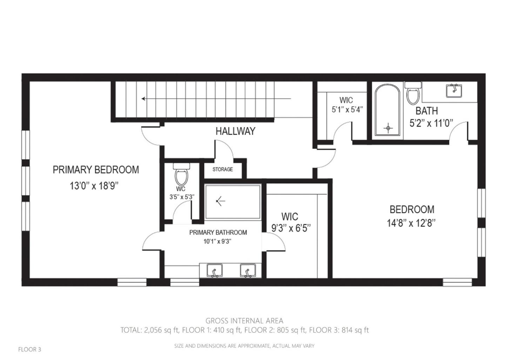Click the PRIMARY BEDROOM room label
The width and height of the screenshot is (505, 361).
tap(96, 170)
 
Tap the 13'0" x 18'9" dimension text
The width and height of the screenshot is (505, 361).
tap(94, 186)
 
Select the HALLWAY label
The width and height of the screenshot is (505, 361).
tap(235, 131)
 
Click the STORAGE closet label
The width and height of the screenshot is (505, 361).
tap(222, 169)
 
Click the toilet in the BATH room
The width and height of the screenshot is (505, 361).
tap(413, 94)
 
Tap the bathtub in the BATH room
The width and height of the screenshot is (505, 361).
tap(388, 110)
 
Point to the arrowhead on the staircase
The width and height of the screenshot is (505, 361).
tap(143, 99)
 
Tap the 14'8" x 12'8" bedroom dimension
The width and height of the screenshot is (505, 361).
tap(411, 223)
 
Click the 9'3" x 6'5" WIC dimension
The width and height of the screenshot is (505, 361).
tap(291, 228)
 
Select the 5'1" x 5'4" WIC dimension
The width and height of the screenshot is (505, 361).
tap(347, 109)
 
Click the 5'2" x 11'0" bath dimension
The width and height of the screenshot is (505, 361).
tap(431, 123)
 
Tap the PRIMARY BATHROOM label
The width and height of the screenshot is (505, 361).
tap(218, 232)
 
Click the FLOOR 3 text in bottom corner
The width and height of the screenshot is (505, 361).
tap(29, 349)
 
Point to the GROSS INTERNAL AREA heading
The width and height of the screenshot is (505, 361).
tap(244, 321)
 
